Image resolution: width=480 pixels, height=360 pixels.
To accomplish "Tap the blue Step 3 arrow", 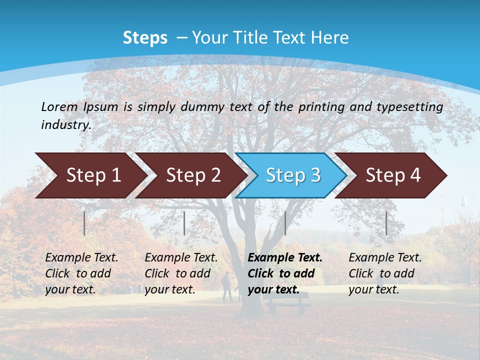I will point(293,175).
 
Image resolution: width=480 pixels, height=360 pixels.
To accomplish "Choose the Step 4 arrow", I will point(393,175).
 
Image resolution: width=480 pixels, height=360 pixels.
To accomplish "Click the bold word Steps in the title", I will point(145,38).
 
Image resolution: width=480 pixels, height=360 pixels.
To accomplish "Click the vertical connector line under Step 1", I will point(84,223).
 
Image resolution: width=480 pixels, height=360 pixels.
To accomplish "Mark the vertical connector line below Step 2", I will point(184,223).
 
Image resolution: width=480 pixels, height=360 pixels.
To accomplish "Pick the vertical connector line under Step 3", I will point(285,223).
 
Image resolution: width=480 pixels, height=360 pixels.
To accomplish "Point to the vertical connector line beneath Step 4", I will point(386,223).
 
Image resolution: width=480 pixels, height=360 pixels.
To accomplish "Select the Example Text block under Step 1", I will point(81,273).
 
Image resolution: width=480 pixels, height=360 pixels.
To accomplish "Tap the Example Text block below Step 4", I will point(385,273).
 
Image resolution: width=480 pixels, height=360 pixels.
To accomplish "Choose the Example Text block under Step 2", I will point(181,273).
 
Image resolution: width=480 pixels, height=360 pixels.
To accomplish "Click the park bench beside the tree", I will point(287,302).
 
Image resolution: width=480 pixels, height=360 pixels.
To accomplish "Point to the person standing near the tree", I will point(226,286).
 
